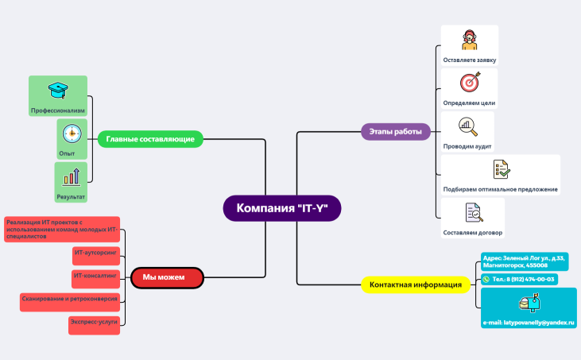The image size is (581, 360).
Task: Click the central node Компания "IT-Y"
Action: pyautogui.click(x=282, y=209)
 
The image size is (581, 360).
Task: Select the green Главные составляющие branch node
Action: pyautogui.click(x=150, y=139)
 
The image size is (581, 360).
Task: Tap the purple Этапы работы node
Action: pyautogui.click(x=396, y=131)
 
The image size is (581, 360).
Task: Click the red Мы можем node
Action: pyautogui.click(x=168, y=277)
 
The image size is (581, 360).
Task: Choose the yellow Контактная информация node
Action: pyautogui.click(x=416, y=284)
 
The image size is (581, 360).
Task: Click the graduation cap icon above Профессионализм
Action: pyautogui.click(x=57, y=90)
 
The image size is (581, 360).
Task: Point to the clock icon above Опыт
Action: pyautogui.click(x=72, y=133)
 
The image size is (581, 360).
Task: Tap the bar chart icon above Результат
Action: pyautogui.click(x=72, y=176)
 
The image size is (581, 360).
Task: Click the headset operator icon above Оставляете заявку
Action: pyautogui.click(x=470, y=41)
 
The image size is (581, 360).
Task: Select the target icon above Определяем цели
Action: pyautogui.click(x=470, y=83)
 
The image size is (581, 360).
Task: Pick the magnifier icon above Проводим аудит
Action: pyautogui.click(x=467, y=126)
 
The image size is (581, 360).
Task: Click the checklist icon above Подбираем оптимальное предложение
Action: pyautogui.click(x=501, y=169)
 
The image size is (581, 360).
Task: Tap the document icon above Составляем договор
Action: pyautogui.click(x=473, y=212)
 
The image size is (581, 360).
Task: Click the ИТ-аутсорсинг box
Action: pyautogui.click(x=95, y=254)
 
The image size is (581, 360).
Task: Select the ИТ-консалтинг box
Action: pyautogui.click(x=95, y=277)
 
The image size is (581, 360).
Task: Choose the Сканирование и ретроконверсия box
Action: pyautogui.click(x=70, y=301)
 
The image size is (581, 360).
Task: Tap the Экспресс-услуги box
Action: pyautogui.click(x=95, y=324)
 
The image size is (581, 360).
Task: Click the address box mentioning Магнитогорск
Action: pyautogui.click(x=525, y=261)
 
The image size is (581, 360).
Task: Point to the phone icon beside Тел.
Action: pyautogui.click(x=486, y=280)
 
